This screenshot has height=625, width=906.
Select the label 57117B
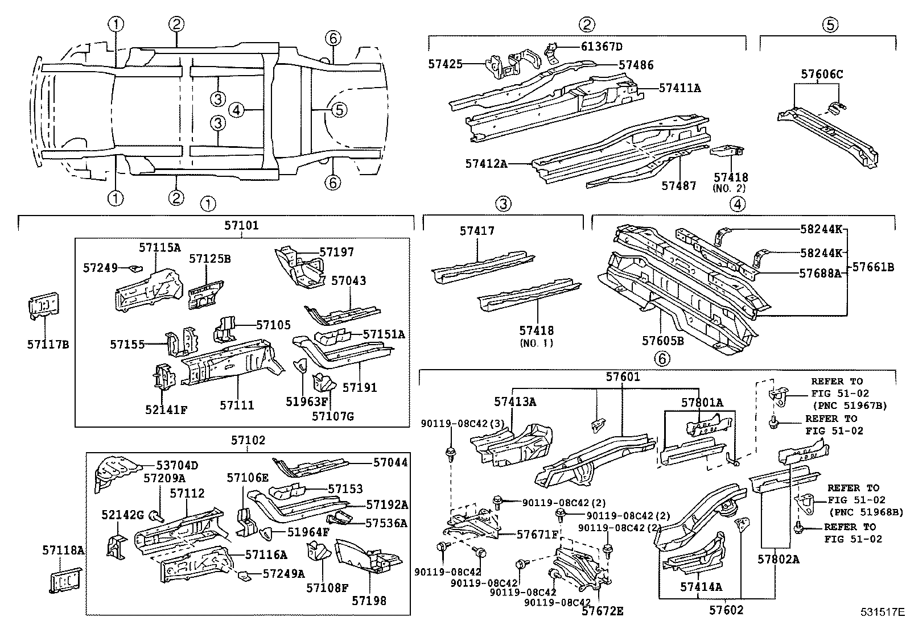(48, 344)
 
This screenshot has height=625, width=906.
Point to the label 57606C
(822, 74)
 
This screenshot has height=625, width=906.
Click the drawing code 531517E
(882, 612)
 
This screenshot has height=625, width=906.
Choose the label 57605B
(662, 341)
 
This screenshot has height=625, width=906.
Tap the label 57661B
(874, 267)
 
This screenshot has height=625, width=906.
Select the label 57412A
(485, 164)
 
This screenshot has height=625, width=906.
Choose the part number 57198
(369, 601)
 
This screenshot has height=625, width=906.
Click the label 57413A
(514, 402)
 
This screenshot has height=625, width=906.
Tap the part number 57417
(477, 231)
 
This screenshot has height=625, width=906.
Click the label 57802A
(778, 559)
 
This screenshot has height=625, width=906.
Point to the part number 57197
(336, 252)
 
